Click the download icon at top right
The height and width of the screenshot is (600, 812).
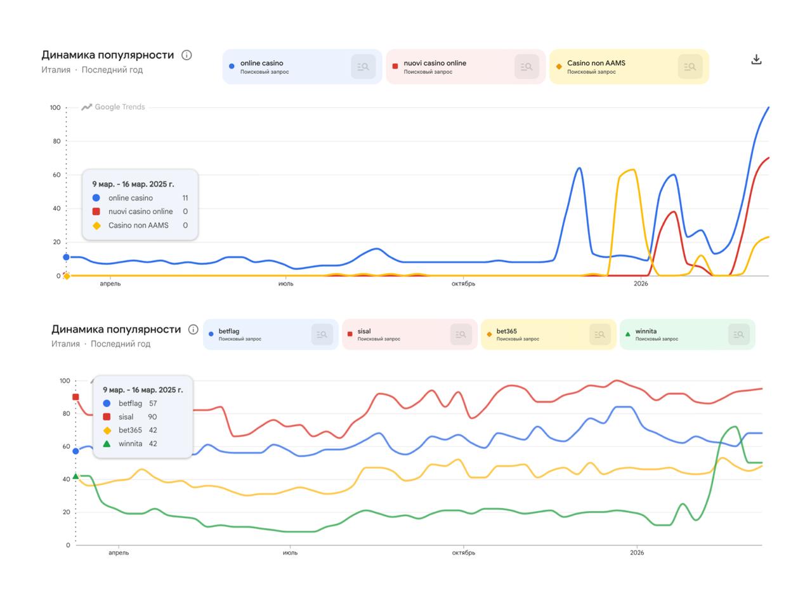[x=756, y=59]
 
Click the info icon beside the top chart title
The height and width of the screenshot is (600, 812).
[x=187, y=55]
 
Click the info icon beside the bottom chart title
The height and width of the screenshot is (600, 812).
[x=193, y=330]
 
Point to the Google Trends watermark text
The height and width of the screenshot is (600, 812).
[x=119, y=107]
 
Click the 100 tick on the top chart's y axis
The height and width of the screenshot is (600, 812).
[x=55, y=108]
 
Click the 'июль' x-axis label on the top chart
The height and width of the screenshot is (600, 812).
[x=285, y=284]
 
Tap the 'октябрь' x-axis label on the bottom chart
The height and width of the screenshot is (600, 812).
[x=464, y=552]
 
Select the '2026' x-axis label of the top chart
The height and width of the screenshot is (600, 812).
[x=641, y=284]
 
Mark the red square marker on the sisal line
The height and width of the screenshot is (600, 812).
[x=75, y=397]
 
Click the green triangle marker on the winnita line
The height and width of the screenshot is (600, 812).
[x=75, y=476]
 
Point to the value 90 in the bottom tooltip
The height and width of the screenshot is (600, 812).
[x=152, y=417]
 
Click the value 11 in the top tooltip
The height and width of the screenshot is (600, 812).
[x=185, y=198]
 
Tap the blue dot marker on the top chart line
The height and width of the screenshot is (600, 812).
[x=66, y=257]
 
